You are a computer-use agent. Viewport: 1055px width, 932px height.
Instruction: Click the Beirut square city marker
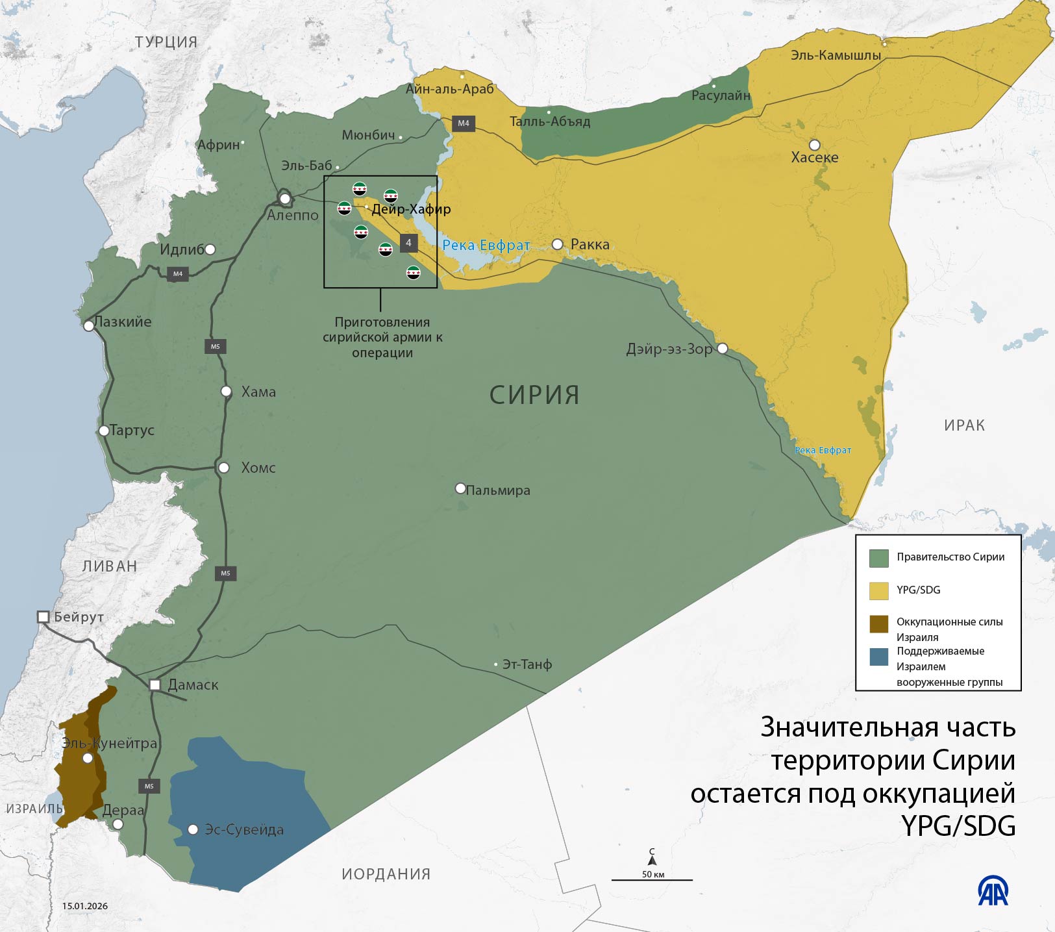point(43,616)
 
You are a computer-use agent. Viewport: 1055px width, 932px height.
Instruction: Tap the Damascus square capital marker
point(155,685)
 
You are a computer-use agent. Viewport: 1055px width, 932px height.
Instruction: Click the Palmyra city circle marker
point(460,488)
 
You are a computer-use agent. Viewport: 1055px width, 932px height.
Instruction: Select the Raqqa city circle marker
point(558,244)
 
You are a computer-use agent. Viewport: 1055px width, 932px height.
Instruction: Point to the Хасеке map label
point(815,157)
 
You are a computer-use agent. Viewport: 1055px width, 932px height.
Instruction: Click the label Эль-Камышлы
point(836,55)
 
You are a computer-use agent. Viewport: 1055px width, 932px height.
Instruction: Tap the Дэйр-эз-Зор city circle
point(722,349)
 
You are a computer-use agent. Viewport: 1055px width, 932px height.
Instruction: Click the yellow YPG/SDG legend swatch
point(878,590)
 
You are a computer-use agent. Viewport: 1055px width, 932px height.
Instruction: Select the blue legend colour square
point(878,657)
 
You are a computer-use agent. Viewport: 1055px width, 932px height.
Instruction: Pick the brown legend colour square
point(878,623)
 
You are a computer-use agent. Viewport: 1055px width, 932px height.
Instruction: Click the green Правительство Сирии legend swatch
point(878,557)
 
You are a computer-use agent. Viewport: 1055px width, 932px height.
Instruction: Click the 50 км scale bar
point(652,879)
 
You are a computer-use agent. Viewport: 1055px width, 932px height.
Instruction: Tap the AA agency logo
point(993,892)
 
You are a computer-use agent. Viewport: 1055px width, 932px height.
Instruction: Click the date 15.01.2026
point(85,906)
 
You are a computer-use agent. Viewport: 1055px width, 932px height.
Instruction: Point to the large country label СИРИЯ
point(534,395)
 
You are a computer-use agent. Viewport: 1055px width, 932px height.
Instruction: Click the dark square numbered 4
point(408,243)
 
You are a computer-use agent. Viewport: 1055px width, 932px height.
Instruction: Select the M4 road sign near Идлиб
point(178,273)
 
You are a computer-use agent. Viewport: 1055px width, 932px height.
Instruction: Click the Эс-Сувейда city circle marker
point(193,829)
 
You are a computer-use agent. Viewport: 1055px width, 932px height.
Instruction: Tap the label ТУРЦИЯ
point(166,42)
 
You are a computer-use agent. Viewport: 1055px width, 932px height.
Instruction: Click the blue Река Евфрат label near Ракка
point(486,246)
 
